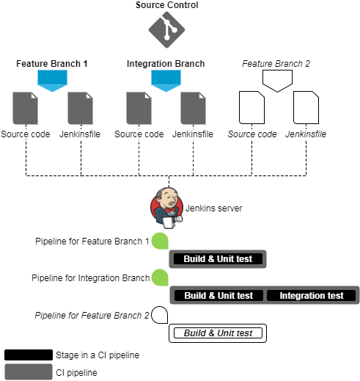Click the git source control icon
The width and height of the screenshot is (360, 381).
click(x=166, y=30)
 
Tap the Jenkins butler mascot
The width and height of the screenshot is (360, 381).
click(x=166, y=208)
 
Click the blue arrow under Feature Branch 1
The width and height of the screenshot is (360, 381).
click(x=52, y=81)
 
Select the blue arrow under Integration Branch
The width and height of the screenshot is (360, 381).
click(x=166, y=81)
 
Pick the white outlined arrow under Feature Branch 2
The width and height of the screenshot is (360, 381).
click(x=277, y=81)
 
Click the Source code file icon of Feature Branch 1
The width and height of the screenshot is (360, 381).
click(x=25, y=108)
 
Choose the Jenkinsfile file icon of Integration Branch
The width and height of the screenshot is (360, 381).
click(x=193, y=108)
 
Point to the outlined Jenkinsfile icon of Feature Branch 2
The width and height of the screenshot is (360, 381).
click(x=306, y=107)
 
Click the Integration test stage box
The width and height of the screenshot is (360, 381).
click(x=311, y=295)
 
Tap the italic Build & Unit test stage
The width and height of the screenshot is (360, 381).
click(x=218, y=333)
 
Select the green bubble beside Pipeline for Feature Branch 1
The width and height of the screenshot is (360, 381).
click(x=160, y=241)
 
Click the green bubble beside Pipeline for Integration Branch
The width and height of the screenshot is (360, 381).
click(x=160, y=277)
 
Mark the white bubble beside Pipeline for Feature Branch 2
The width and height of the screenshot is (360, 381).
click(x=160, y=315)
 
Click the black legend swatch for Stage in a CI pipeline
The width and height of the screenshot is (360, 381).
click(x=29, y=355)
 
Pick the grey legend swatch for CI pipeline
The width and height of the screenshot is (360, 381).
click(x=29, y=371)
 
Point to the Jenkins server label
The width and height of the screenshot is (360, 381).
click(x=213, y=208)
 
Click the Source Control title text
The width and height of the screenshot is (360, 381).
click(x=167, y=5)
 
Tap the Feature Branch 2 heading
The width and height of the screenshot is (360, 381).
click(x=276, y=64)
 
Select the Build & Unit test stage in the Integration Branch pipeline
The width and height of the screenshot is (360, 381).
click(x=218, y=295)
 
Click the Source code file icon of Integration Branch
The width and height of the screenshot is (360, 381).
click(x=139, y=108)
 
